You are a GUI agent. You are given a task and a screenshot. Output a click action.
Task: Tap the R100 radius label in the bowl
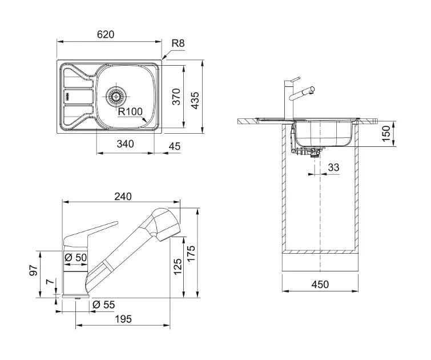click(x=130, y=112)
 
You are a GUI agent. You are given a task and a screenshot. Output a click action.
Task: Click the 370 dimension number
click(x=176, y=97)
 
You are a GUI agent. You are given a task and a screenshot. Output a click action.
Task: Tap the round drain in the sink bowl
click(x=116, y=94)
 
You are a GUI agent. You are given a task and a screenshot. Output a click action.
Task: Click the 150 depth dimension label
click(x=386, y=134)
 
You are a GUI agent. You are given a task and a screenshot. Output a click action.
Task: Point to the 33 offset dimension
click(x=333, y=167)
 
